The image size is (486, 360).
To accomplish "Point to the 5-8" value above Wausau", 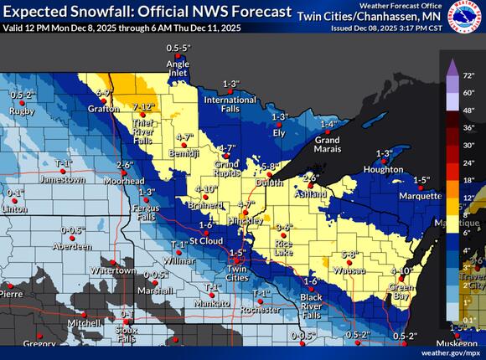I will (x=349, y=254).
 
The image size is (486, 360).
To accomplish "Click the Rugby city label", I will (x=21, y=111).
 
